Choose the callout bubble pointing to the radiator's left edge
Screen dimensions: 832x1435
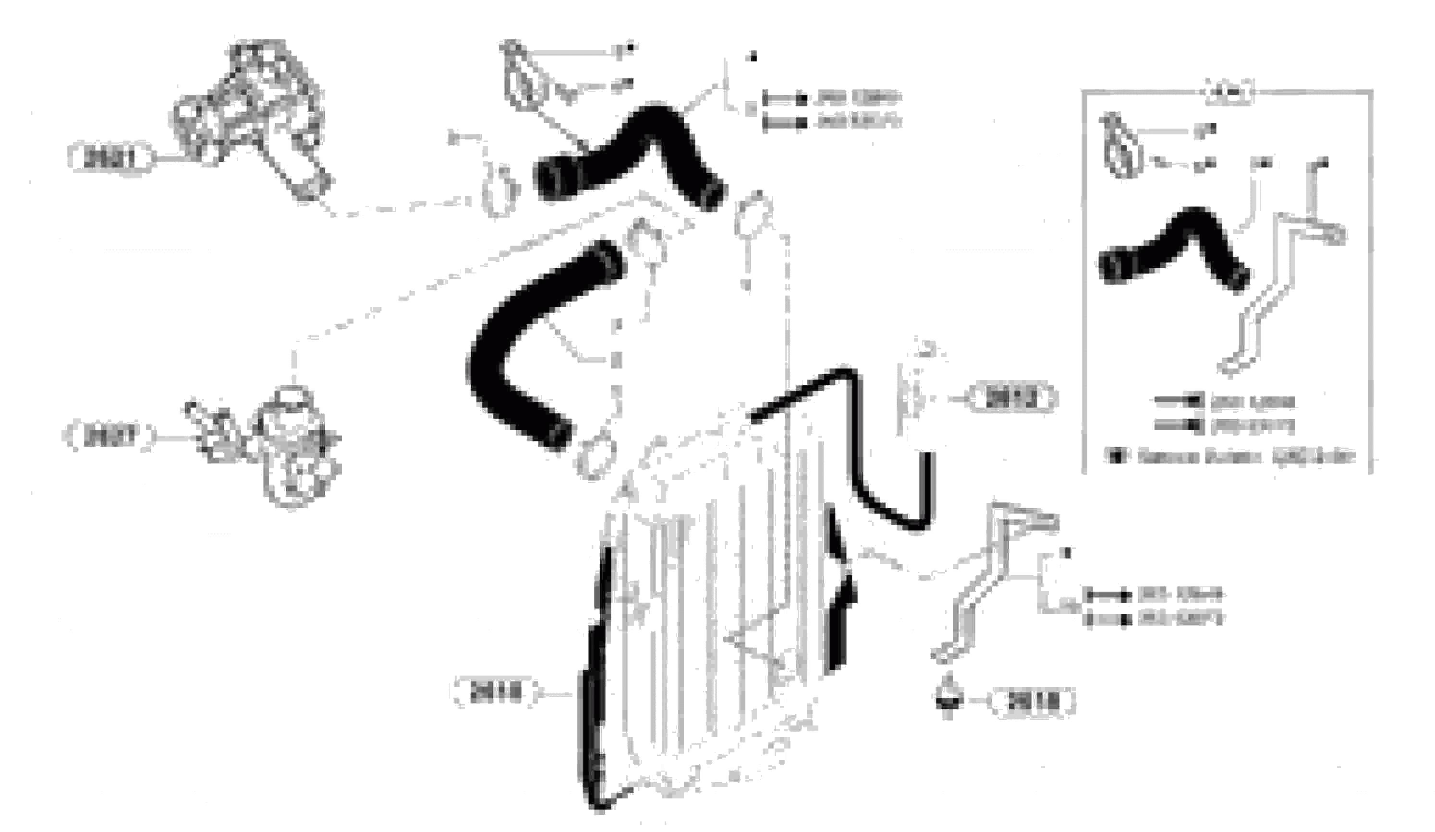pyautogui.click(x=494, y=693)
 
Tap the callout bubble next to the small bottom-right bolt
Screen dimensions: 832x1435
pyautogui.click(x=1033, y=701)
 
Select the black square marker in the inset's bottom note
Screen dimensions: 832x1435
pyautogui.click(x=1117, y=456)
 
